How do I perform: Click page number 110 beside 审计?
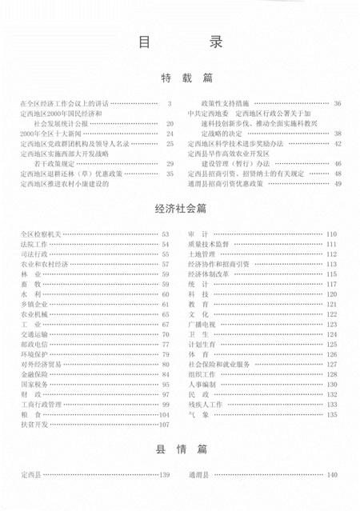coord(330,234)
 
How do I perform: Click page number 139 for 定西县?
coord(166,475)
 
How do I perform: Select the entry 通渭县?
coord(198,475)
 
